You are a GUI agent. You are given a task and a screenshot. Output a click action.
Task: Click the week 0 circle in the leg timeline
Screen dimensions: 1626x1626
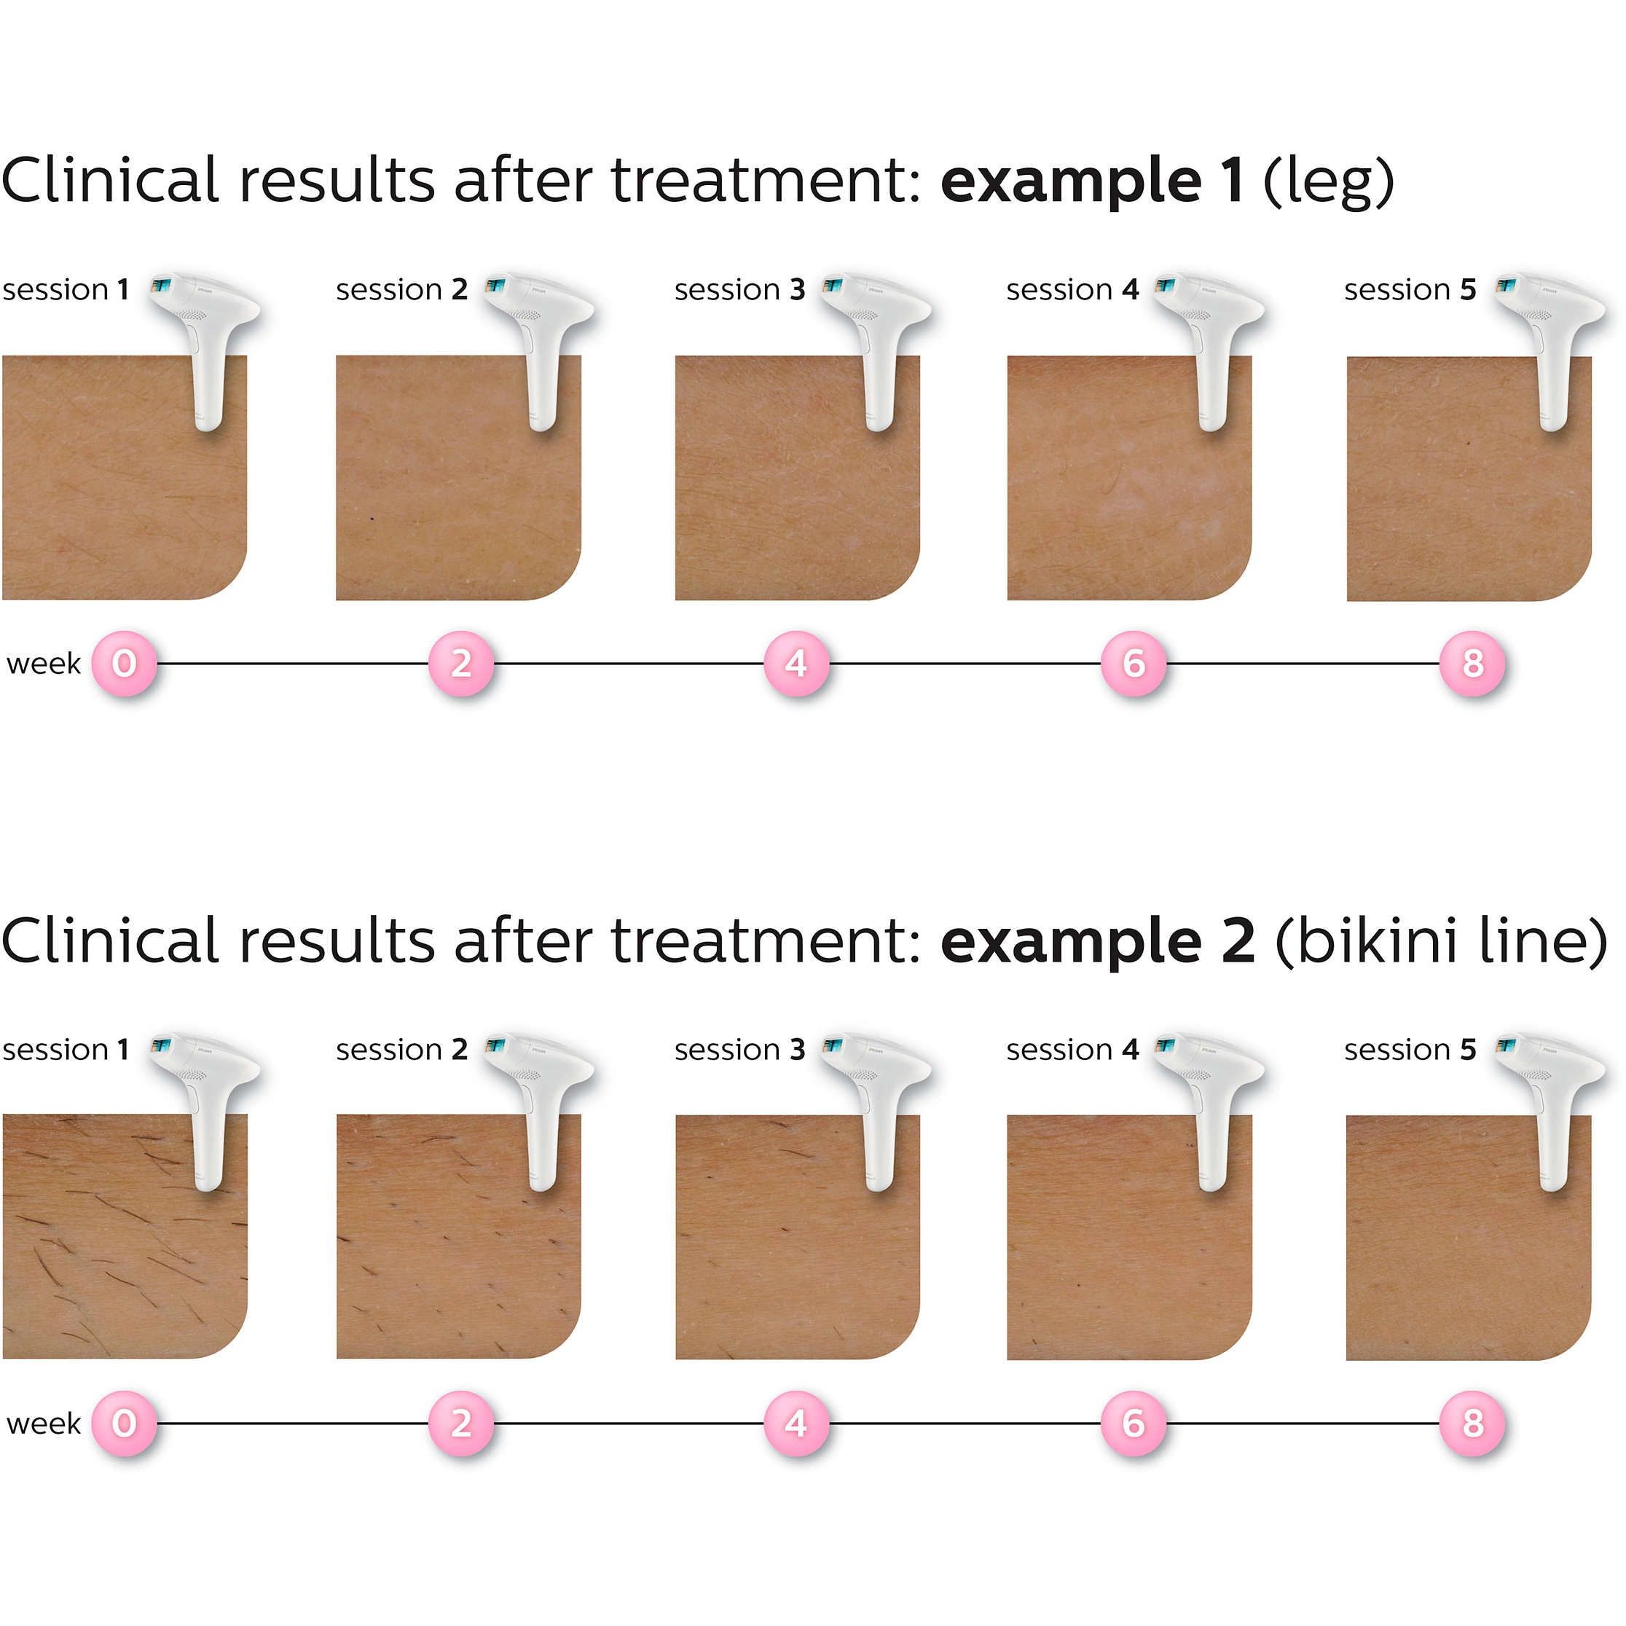[125, 663]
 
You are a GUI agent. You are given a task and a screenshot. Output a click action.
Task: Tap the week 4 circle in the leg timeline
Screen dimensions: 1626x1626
[796, 663]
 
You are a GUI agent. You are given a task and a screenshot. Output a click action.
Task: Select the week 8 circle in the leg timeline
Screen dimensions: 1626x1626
[1472, 663]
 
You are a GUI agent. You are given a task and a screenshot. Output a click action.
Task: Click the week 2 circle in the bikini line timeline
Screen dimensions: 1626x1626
[461, 1423]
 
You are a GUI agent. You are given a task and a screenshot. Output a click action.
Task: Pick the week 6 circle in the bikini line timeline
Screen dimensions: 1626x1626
[1134, 1423]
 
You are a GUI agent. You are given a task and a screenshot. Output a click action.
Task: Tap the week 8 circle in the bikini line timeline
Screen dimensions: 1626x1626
[1472, 1423]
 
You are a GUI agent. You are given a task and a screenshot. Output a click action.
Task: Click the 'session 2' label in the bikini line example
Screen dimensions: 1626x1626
[401, 1050]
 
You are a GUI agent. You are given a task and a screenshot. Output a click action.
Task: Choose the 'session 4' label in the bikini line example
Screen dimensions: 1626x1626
[1072, 1050]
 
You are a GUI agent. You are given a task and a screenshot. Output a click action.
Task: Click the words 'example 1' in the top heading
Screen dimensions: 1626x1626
[1091, 181]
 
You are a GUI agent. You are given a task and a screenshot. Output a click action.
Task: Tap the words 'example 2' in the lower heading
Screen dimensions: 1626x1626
[1097, 941]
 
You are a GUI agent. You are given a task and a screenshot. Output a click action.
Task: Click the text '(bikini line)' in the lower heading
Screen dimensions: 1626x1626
[1441, 941]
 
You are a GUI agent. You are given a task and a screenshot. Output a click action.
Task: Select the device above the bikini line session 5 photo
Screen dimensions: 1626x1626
[1550, 1102]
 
